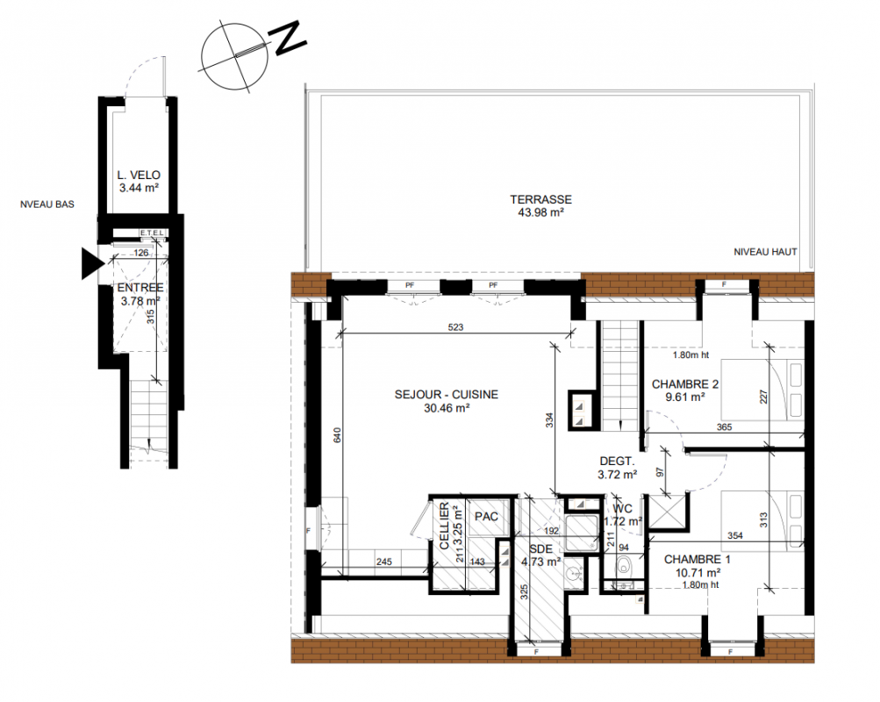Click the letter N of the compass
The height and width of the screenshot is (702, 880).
click(x=290, y=38)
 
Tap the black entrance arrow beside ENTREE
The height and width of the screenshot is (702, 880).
click(x=93, y=263)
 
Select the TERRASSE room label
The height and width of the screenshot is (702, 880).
click(x=541, y=199)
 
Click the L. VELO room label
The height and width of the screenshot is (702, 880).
click(x=139, y=175)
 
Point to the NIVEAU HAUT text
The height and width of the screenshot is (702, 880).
click(x=766, y=252)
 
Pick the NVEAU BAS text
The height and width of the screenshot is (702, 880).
click(x=47, y=204)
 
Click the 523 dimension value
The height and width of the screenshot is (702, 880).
click(x=455, y=327)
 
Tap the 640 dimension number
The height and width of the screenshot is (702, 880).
click(x=337, y=435)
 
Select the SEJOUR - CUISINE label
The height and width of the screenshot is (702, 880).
click(x=447, y=395)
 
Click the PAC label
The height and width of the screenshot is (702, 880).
click(x=486, y=516)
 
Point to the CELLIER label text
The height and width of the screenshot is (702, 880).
click(x=445, y=526)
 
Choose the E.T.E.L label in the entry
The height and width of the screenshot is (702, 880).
click(x=152, y=233)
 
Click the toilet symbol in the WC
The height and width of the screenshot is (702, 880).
click(x=624, y=566)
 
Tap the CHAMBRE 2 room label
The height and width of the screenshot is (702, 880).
click(x=684, y=384)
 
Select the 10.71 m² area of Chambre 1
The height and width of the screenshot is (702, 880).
click(x=698, y=573)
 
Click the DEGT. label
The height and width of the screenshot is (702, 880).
click(x=617, y=462)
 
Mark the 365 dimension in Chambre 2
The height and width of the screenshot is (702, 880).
click(x=724, y=427)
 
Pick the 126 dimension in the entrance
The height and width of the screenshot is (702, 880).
click(x=141, y=253)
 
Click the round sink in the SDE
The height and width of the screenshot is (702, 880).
click(x=573, y=574)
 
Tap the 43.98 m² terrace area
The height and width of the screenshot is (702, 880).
click(x=541, y=212)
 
